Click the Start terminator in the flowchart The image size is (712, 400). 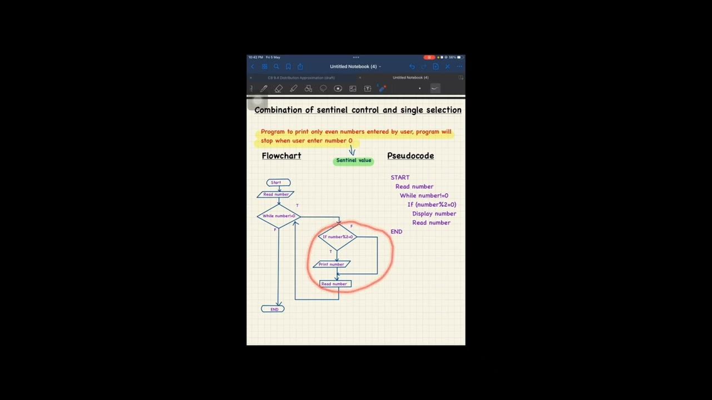pos(278,182)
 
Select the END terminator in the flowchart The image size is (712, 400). pos(273,309)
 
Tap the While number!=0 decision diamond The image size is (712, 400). pos(279,216)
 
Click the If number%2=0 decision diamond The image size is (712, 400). pos(338,237)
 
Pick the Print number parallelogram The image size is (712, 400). pos(332,264)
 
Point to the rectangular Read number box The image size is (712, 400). pos(335,284)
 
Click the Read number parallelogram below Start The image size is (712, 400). pos(276,194)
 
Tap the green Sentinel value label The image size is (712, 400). pos(353,161)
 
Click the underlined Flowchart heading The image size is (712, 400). pos(281,156)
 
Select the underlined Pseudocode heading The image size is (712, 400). pos(411,156)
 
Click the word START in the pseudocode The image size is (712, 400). pos(400,178)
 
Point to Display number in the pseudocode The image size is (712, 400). pos(434,214)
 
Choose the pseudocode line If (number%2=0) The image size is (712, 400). pos(432,204)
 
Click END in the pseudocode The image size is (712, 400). pos(396,232)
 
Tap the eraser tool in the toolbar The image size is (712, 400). pos(279,88)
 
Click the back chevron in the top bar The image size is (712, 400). pos(252,67)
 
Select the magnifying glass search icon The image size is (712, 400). pos(276,67)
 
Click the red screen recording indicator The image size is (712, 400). pos(429,57)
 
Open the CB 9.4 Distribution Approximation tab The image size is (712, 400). pos(301,78)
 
